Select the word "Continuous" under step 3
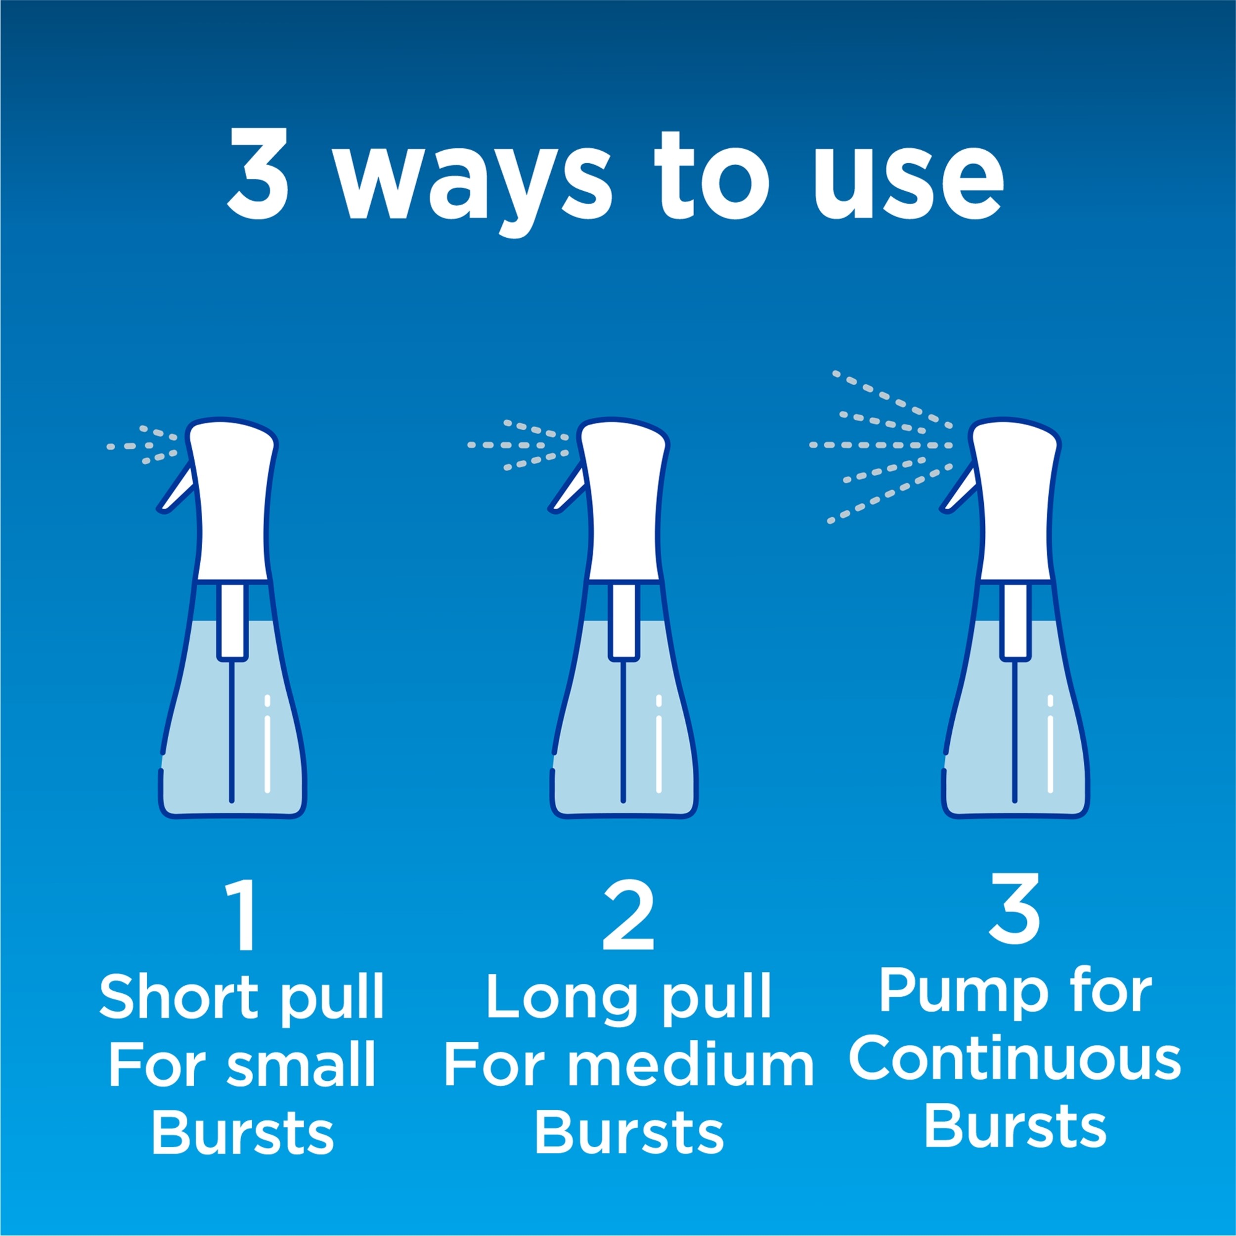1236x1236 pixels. (1015, 1060)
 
